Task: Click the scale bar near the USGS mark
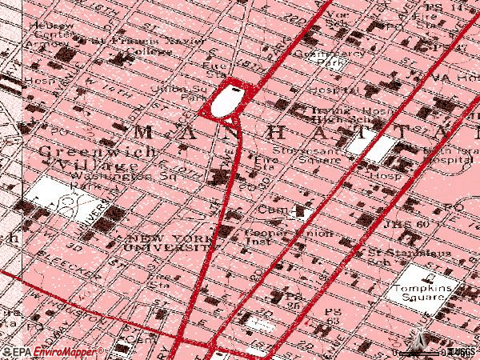pyautogui.click(x=432, y=352)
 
